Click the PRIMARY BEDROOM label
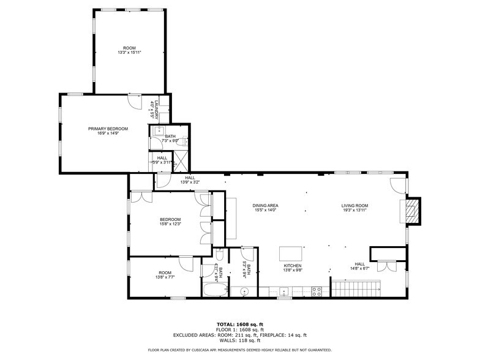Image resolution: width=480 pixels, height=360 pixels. (108, 129)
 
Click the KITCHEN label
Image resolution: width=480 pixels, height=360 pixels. (291, 266)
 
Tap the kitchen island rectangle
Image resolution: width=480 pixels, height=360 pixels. (291, 253)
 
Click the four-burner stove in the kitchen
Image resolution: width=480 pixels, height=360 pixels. (317, 292)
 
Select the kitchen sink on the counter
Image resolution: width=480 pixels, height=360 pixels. (284, 292)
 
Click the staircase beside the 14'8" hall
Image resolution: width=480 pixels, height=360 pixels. (356, 287)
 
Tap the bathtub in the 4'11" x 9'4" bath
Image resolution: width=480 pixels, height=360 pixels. (214, 291)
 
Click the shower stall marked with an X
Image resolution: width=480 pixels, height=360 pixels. (182, 160)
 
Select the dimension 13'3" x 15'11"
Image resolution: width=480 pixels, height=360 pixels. (129, 53)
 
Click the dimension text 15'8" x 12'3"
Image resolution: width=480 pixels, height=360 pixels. (170, 224)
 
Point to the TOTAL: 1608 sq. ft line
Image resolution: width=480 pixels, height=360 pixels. (240, 324)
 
